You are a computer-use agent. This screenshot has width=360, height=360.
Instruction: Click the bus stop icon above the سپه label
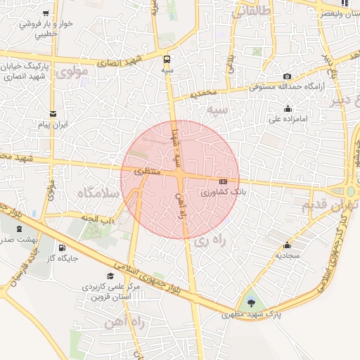coord(167,59)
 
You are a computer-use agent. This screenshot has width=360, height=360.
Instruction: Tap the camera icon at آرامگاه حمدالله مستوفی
coord(287,76)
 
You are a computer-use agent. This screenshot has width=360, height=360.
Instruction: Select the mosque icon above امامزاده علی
coord(287,108)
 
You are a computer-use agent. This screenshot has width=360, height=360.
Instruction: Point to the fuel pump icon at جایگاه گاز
coord(62,247)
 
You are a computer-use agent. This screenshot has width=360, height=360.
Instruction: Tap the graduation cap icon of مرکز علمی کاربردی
coord(110,276)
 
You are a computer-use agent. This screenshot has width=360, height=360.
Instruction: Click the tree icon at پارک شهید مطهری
coord(251,303)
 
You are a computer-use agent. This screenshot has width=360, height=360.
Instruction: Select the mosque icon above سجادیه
coord(287,245)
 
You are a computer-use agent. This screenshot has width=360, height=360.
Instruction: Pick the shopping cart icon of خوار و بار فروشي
coord(46,13)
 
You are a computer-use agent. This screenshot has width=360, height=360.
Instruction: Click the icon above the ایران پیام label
coord(52,113)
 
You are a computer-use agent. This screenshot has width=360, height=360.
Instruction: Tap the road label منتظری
coord(148,171)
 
